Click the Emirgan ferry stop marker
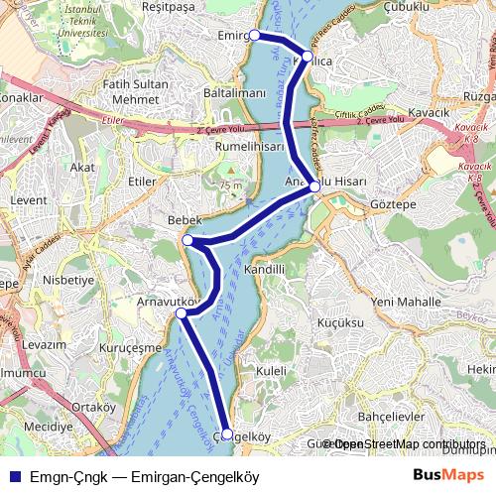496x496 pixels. point(255,35)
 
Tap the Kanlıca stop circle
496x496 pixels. point(308,58)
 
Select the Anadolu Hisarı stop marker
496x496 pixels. point(314,186)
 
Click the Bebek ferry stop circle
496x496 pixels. point(187,240)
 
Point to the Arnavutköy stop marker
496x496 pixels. point(181,313)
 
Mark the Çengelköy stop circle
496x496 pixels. point(227,434)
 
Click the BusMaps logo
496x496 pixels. point(448,476)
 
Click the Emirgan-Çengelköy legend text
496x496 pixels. point(145,477)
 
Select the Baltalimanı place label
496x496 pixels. point(234,92)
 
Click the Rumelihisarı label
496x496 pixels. point(250,146)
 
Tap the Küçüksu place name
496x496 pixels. point(340,323)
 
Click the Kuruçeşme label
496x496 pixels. point(132,348)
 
